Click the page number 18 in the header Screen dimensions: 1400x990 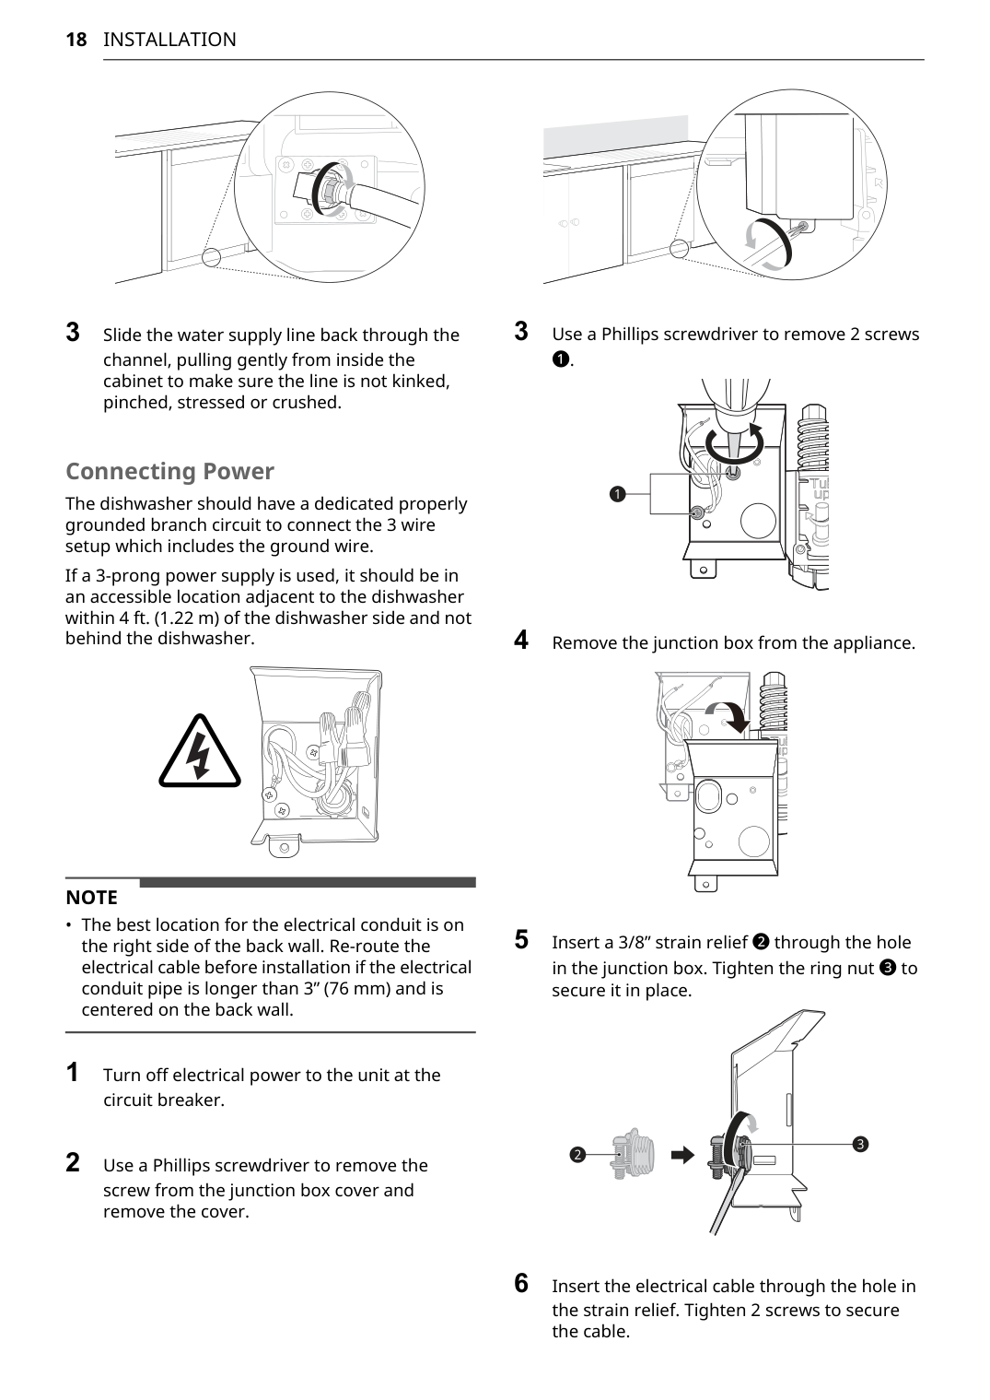(76, 40)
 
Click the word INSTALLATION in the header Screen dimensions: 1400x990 (169, 40)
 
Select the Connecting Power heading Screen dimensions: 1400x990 (169, 471)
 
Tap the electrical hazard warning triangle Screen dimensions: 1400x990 (199, 752)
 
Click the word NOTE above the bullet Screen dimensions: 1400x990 (91, 898)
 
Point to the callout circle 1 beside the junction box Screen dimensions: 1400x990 (617, 494)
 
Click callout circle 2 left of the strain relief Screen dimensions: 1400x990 (577, 1155)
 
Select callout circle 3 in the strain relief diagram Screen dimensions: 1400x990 (859, 1145)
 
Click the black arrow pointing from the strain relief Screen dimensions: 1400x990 (682, 1155)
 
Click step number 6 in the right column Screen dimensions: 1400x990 (521, 1283)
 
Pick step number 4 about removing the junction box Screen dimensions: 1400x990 (521, 640)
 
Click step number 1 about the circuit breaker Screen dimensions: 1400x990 (73, 1073)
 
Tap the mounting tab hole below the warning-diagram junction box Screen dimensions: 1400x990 (284, 847)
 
